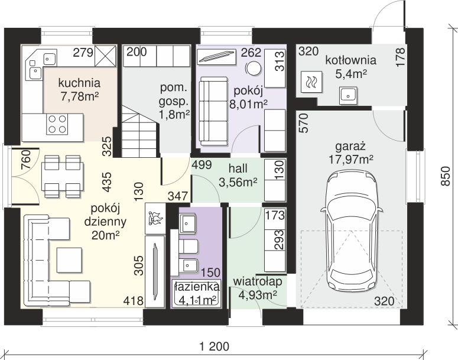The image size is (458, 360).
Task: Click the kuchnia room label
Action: click(x=79, y=83)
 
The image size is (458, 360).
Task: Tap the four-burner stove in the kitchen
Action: click(x=57, y=124)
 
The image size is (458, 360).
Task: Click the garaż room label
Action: click(x=350, y=146)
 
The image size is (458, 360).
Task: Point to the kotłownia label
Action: click(x=350, y=60)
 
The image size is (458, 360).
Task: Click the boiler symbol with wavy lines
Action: click(x=311, y=82)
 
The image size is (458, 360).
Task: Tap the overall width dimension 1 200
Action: click(x=215, y=347)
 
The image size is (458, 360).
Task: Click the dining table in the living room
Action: click(x=63, y=177)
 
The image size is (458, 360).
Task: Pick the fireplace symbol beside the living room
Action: click(x=155, y=218)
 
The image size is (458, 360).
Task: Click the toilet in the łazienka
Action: click(x=188, y=247)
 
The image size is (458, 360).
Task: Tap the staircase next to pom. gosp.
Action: click(x=139, y=131)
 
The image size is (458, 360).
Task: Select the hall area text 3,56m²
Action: click(x=238, y=182)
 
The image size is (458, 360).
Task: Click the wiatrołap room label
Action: click(x=258, y=281)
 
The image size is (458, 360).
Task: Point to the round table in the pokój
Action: click(x=254, y=68)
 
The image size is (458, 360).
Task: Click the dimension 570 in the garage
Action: click(x=304, y=123)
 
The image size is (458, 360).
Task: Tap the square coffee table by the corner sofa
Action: click(x=69, y=260)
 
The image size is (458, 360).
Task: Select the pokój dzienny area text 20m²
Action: click(x=105, y=235)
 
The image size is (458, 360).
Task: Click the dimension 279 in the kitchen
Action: click(x=83, y=53)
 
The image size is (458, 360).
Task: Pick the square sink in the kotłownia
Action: click(x=348, y=95)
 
